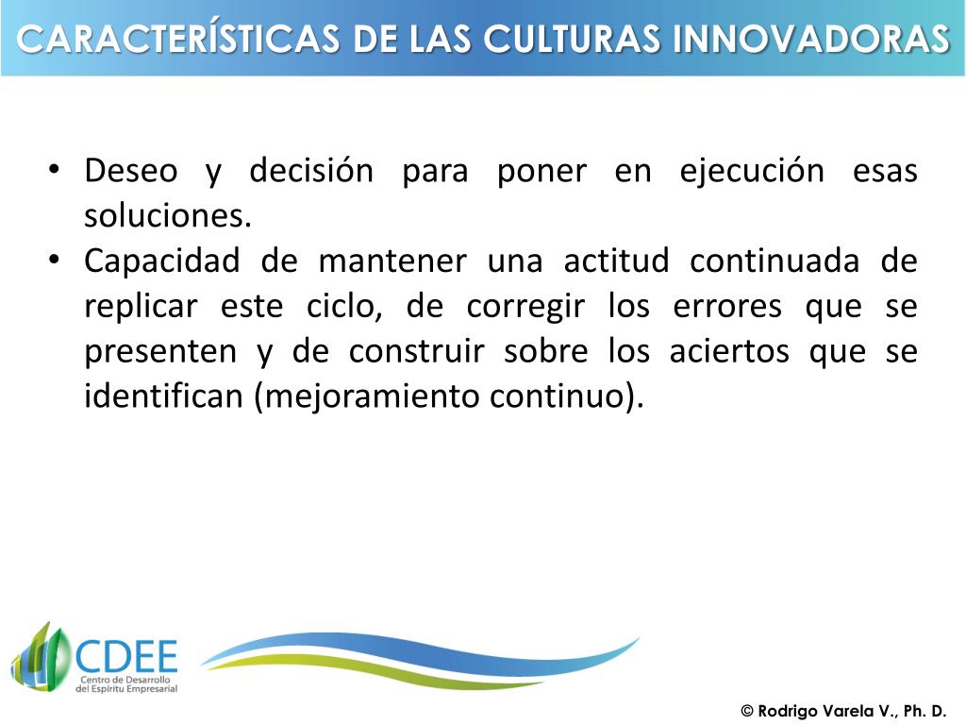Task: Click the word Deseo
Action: tap(130, 172)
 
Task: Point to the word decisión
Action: tap(311, 172)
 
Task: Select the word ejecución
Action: tap(752, 172)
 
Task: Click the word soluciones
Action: tap(168, 216)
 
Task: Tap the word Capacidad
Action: tap(161, 261)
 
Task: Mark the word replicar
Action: tap(141, 307)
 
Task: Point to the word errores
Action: tap(726, 307)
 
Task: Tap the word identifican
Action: tap(164, 396)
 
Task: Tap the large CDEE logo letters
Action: tap(125, 653)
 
